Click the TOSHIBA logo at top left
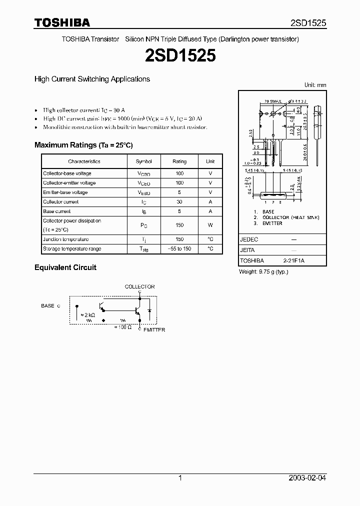coord(62,22)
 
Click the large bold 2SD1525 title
coord(180,55)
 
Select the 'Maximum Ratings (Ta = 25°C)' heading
coord(83,145)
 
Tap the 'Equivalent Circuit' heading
coord(65,267)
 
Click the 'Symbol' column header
coord(143,161)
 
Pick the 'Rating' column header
coord(179,161)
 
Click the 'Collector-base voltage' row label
coord(67,173)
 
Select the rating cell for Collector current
coord(179,202)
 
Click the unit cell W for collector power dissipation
coord(210,225)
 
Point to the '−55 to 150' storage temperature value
coord(179,249)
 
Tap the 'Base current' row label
coord(56,211)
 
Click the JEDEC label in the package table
coord(249,239)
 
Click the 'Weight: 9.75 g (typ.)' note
coord(263,271)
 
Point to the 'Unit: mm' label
coord(315,85)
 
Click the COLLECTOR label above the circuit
coord(139,286)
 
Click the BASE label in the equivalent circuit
coord(48,305)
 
